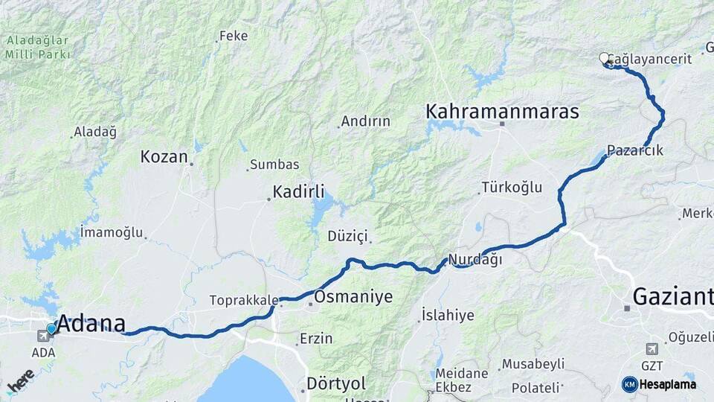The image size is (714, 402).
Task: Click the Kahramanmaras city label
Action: pyautogui.click(x=502, y=112)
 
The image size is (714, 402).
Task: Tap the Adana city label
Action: pyautogui.click(x=91, y=324)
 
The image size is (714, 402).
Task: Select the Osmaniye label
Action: pyautogui.click(x=353, y=297)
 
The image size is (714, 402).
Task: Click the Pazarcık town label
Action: pyautogui.click(x=634, y=150)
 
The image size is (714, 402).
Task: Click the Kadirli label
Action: pyautogui.click(x=298, y=192)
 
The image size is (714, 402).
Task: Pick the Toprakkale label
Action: pyautogui.click(x=243, y=301)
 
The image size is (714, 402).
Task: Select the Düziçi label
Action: pyautogui.click(x=347, y=236)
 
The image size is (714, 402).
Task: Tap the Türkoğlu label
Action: pyautogui.click(x=512, y=187)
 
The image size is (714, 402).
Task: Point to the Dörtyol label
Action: pyautogui.click(x=336, y=383)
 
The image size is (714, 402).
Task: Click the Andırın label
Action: pyautogui.click(x=365, y=121)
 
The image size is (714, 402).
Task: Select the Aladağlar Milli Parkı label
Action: pyautogui.click(x=37, y=47)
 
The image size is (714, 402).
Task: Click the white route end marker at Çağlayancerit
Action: pyautogui.click(x=604, y=57)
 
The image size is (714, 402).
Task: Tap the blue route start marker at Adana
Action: pyautogui.click(x=51, y=328)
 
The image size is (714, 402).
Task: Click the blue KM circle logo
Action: pyautogui.click(x=630, y=384)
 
